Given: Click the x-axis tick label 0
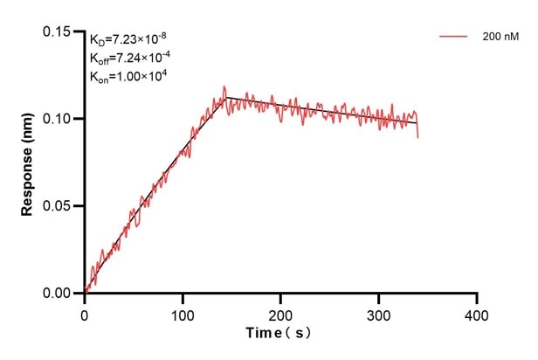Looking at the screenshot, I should (85, 313).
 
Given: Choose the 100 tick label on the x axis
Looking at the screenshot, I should (183, 313).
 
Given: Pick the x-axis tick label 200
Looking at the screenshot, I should (280, 313).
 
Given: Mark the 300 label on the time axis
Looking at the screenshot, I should (378, 313).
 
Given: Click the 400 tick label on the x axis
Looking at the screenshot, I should (476, 313).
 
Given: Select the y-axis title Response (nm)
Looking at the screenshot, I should (28, 163).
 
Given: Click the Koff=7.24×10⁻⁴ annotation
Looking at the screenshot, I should (128, 58).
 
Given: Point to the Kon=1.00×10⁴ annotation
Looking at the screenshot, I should (128, 76).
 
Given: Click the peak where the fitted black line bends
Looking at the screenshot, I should (226, 97).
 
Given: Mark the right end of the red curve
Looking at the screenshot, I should (418, 136).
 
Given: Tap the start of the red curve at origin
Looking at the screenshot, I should (86, 293).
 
